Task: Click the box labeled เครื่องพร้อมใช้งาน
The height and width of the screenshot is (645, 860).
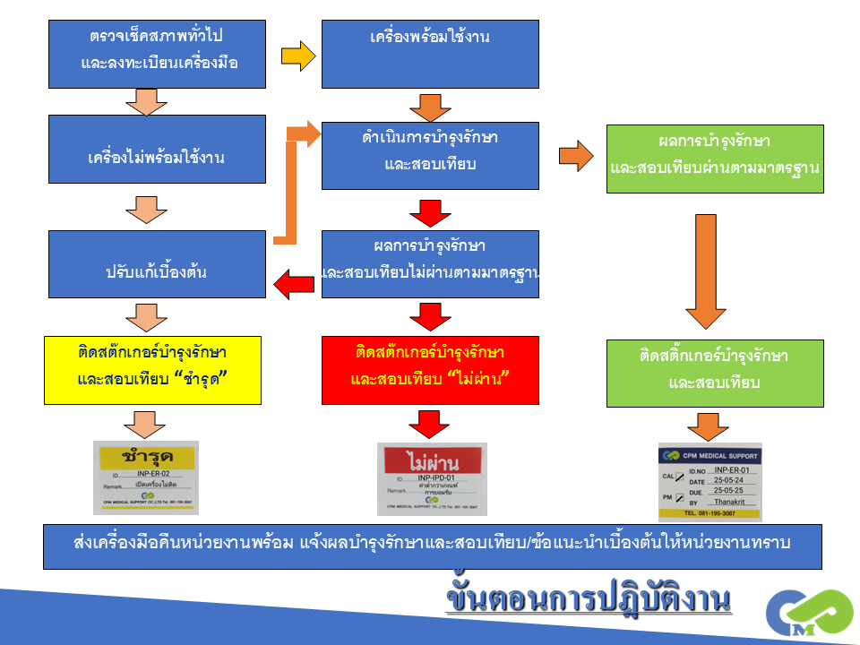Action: pos(430,54)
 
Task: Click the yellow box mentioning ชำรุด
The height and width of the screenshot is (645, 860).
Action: pos(152,370)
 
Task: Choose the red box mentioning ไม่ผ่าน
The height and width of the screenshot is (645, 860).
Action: pos(430,370)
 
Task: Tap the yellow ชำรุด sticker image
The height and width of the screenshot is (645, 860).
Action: pos(146,477)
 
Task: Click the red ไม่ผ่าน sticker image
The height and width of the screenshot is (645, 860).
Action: pos(432,478)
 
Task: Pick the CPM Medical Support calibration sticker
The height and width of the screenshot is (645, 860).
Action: pos(709,482)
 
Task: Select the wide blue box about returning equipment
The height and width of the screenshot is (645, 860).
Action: pos(432,546)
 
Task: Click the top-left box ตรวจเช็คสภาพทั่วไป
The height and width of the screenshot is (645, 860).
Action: pos(157,54)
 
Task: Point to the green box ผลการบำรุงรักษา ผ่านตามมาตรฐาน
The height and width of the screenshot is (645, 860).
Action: pos(715,159)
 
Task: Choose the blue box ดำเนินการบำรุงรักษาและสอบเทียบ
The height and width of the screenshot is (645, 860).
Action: pos(430,155)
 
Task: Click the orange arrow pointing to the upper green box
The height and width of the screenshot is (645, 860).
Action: pos(576,155)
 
